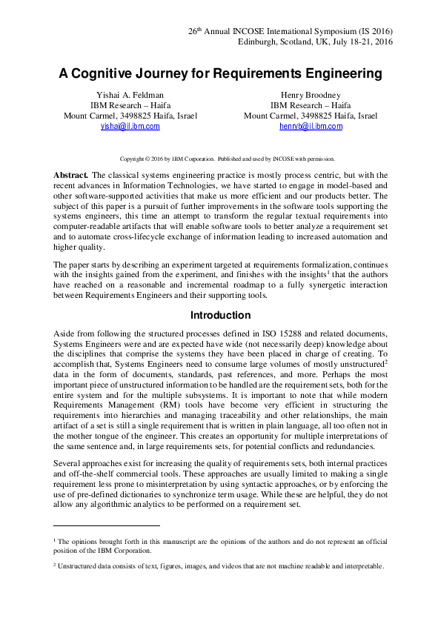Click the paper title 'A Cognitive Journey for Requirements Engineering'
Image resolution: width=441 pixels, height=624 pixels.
tap(220, 74)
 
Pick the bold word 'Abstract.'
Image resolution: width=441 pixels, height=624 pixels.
tap(70, 174)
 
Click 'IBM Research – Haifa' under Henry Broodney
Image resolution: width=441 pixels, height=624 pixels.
tap(311, 105)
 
